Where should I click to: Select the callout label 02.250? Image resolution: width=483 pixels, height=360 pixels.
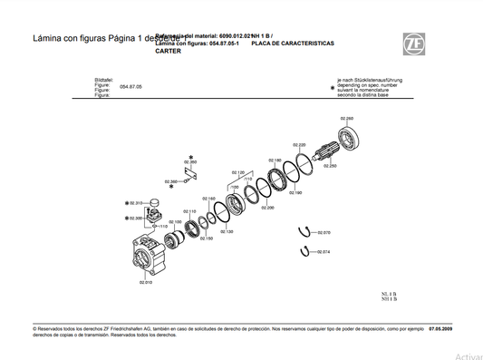pyautogui.click(x=330, y=166)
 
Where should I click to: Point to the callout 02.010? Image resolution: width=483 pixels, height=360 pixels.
pyautogui.click(x=145, y=283)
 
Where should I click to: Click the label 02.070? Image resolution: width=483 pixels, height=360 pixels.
pyautogui.click(x=324, y=232)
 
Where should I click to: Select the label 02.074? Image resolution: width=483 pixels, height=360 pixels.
pyautogui.click(x=324, y=251)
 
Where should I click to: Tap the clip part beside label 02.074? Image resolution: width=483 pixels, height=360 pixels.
pyautogui.click(x=306, y=251)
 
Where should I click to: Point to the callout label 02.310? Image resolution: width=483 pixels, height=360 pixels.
pyautogui.click(x=136, y=203)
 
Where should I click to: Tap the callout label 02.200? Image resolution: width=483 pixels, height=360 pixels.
pyautogui.click(x=267, y=208)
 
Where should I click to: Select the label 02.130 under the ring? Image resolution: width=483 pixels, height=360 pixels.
pyautogui.click(x=226, y=231)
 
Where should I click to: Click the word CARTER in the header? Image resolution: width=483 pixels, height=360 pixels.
pyautogui.click(x=168, y=51)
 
